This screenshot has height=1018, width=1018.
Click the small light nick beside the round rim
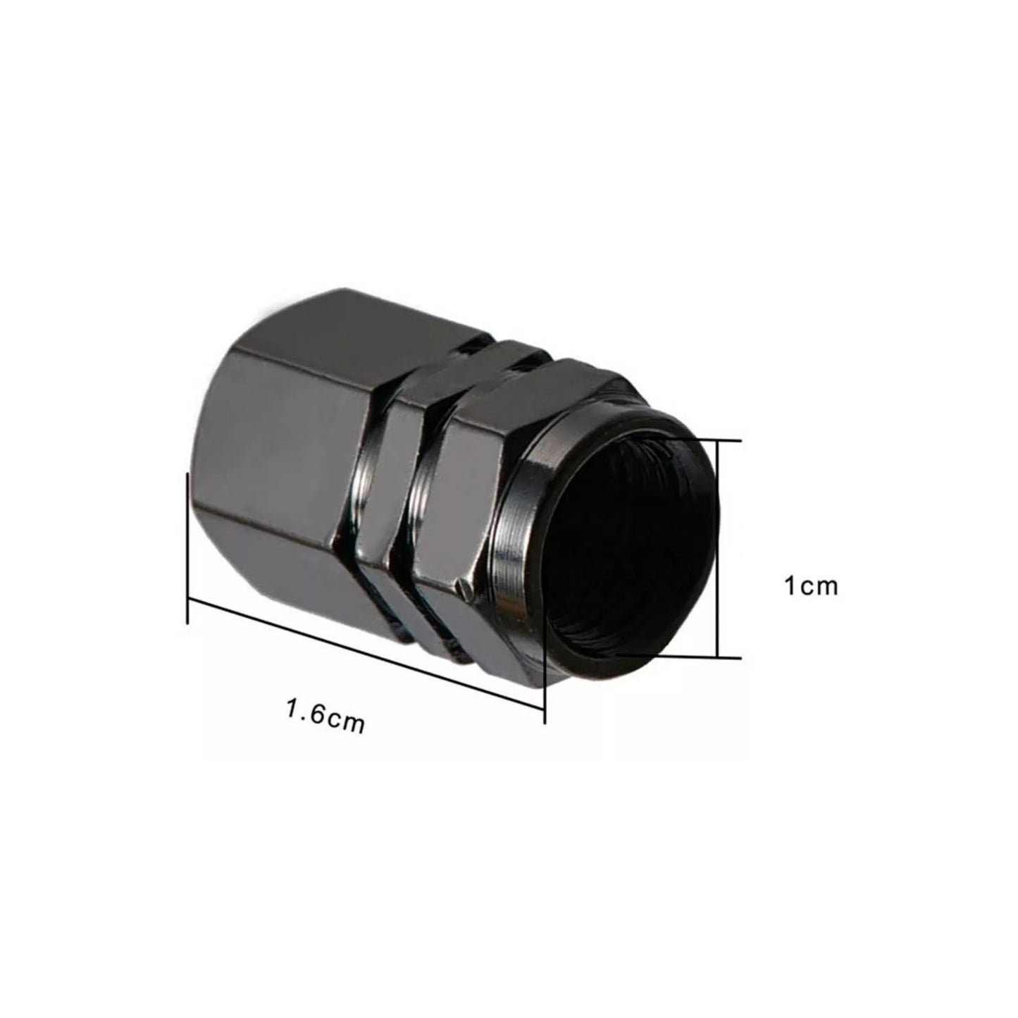[461, 584]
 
